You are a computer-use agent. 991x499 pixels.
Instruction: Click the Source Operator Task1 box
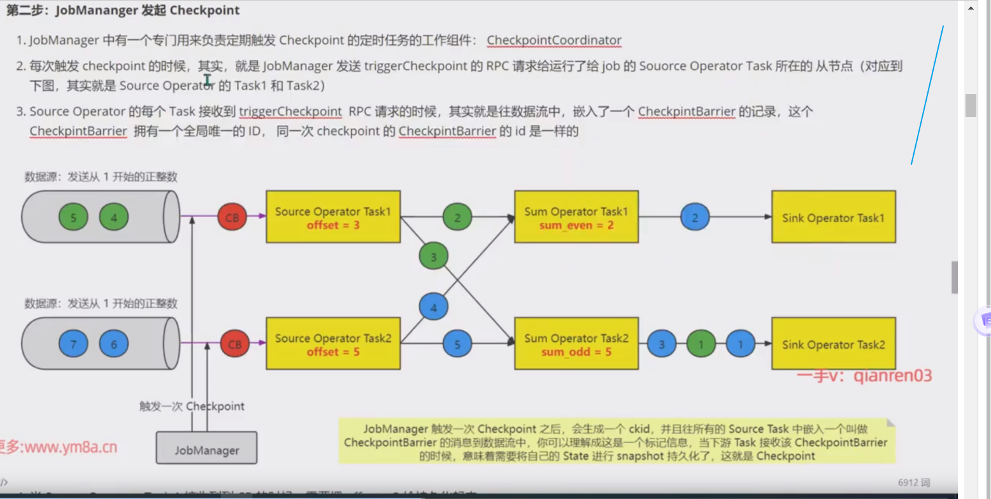333,216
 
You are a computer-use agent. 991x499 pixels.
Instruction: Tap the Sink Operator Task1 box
833,217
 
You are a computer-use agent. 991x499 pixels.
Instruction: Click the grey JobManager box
207,449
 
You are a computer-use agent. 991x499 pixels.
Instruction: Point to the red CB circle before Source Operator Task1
234,217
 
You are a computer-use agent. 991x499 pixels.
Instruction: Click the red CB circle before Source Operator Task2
234,344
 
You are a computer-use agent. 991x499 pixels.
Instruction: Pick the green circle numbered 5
73,218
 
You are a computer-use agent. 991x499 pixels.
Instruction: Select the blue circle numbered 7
73,344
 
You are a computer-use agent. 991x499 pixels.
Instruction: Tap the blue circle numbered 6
114,344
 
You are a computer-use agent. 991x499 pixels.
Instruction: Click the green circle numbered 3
434,257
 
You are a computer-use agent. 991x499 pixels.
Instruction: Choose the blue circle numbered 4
434,307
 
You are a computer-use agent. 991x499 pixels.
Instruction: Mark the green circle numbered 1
701,344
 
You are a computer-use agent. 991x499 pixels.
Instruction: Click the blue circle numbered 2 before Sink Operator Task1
695,217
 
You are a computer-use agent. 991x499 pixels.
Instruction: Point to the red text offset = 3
332,225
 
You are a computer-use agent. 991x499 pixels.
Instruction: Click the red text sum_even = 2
576,225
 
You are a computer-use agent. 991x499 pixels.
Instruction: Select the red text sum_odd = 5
576,351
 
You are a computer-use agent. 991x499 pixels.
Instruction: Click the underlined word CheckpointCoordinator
553,40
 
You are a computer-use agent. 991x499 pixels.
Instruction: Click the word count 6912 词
914,483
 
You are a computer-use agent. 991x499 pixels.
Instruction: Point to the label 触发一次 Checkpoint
192,406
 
